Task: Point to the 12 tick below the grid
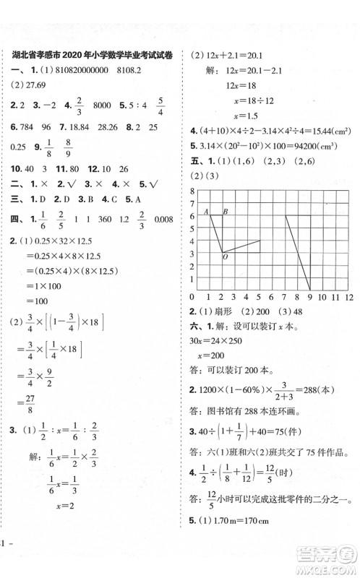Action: coord(348,297)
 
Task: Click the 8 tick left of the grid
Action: coord(193,191)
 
